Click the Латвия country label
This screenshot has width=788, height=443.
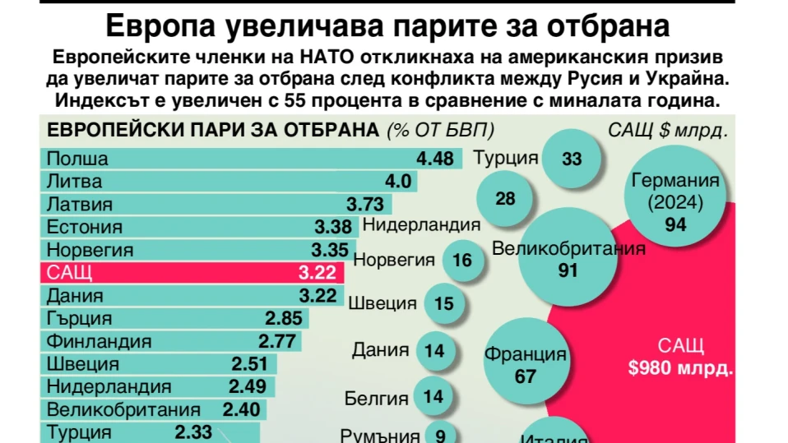pos(79,205)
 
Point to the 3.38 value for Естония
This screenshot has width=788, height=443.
pos(332,228)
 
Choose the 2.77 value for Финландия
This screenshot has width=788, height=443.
pos(276,341)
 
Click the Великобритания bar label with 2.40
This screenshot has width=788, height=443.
pos(123,409)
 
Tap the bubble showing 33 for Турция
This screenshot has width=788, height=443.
pos(572,159)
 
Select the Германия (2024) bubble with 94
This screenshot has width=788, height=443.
pos(675,201)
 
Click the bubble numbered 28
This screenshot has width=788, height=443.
pos(505,199)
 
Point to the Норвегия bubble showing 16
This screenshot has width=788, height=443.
pos(462,261)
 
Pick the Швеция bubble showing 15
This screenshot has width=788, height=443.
pos(444,304)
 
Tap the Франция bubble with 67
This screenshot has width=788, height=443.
pos(525,364)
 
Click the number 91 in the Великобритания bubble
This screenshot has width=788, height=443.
pos(568,270)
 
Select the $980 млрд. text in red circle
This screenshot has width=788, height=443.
pos(679,368)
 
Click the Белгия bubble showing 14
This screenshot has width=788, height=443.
pos(433,397)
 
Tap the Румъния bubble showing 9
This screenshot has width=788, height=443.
pos(441,436)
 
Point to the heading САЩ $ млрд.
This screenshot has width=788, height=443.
pos(669,130)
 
